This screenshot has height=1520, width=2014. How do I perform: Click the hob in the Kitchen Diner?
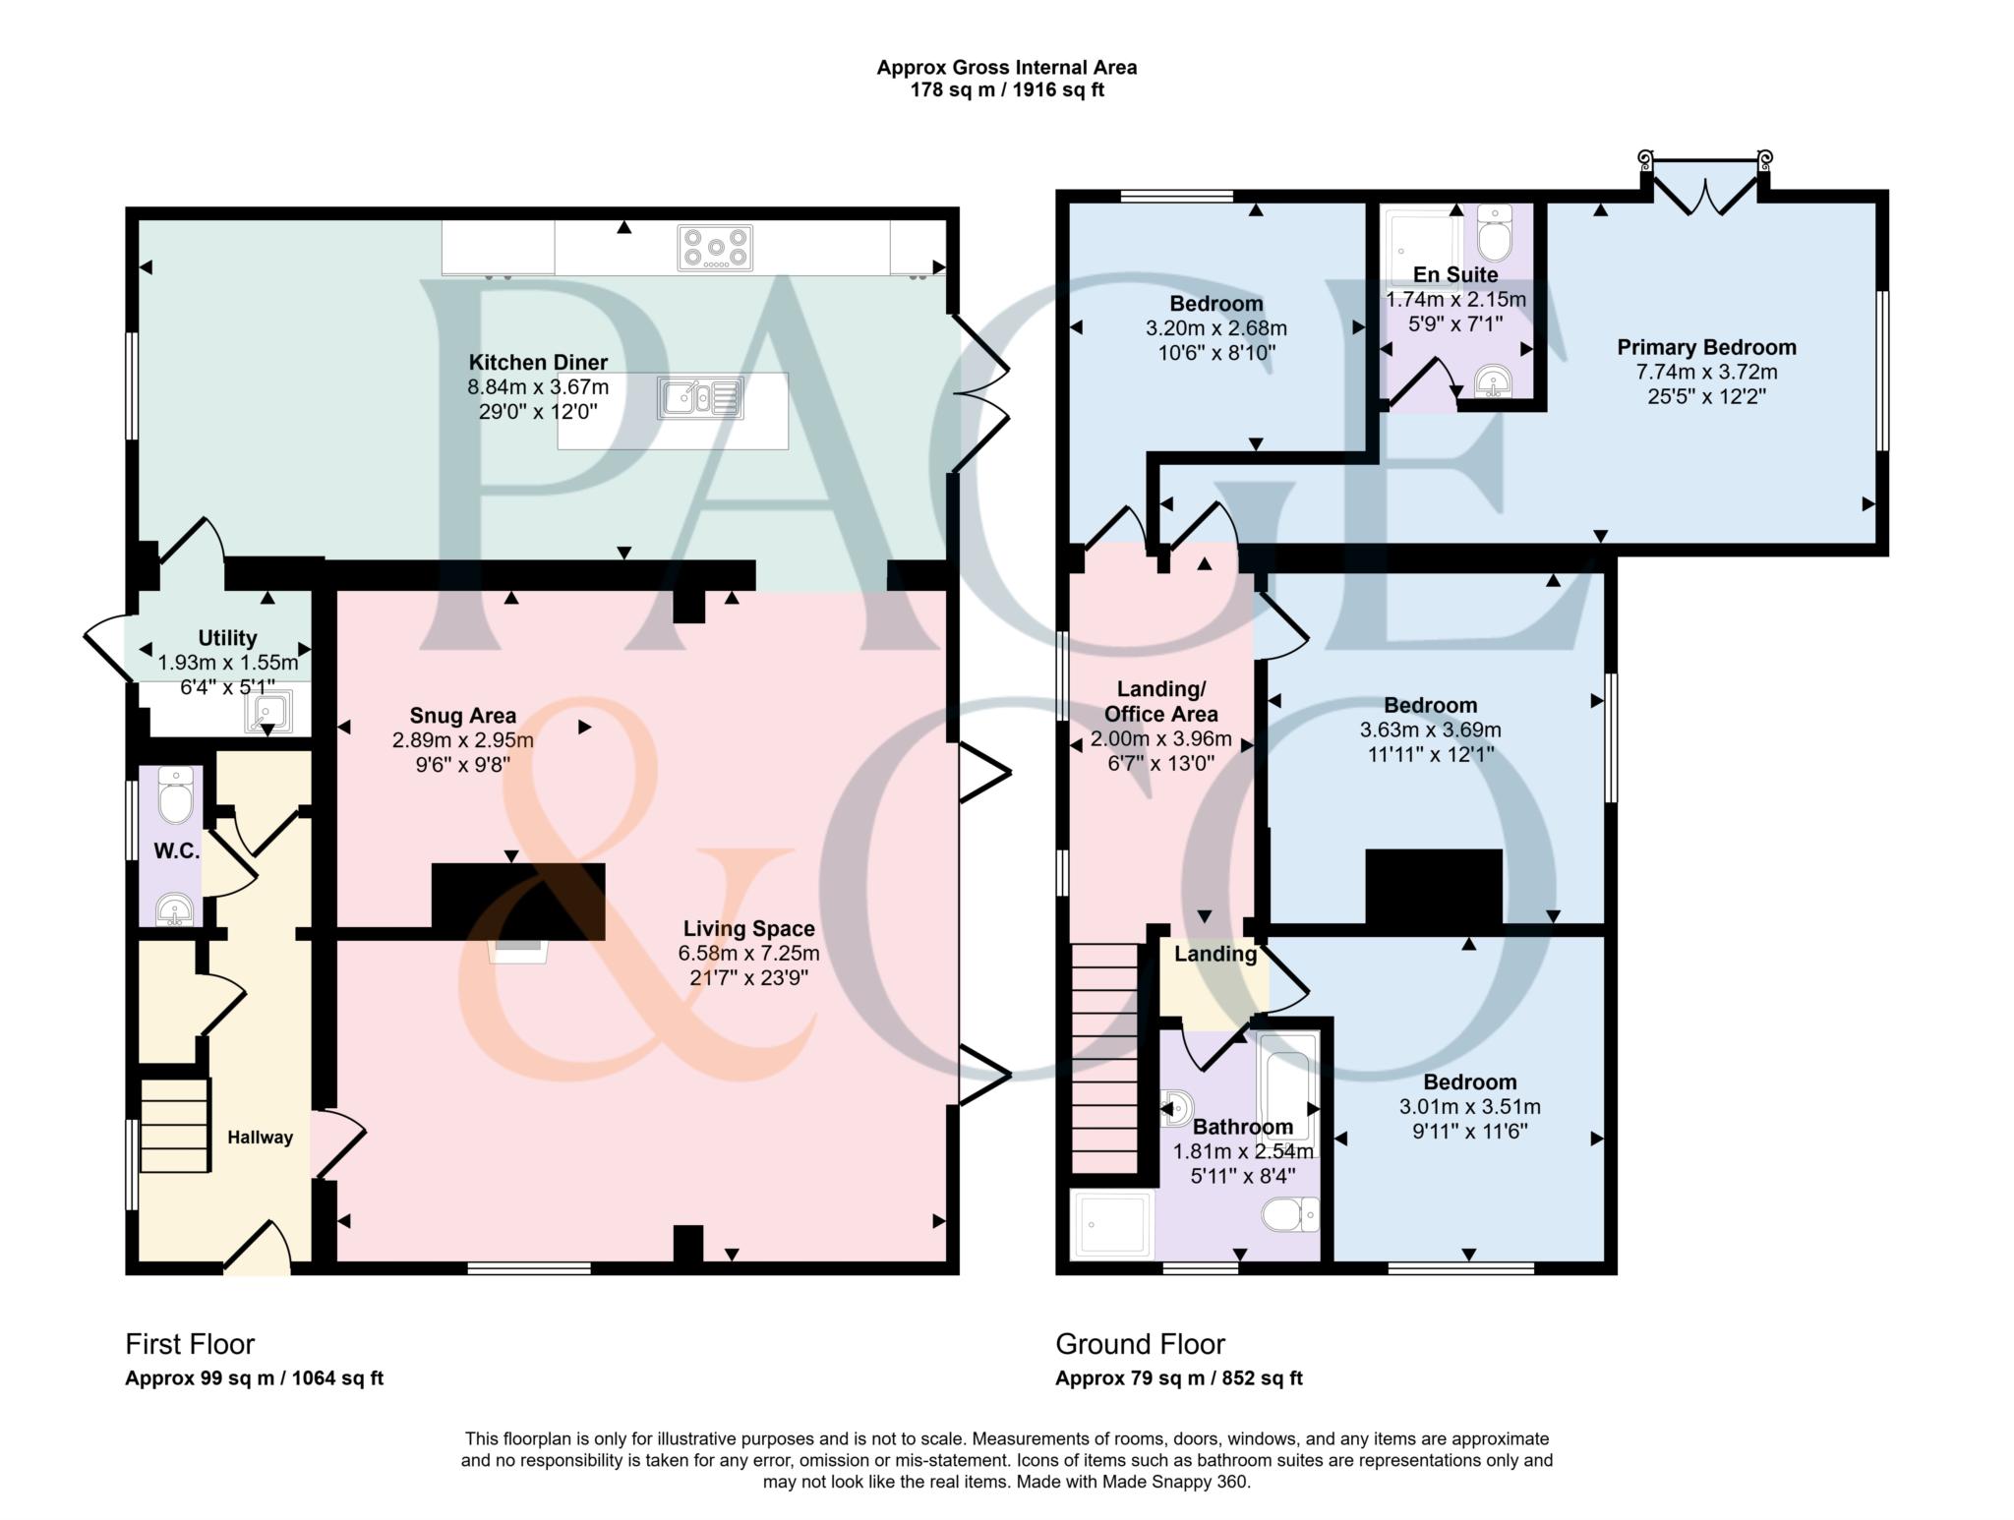coord(715,248)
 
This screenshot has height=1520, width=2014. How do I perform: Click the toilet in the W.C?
coord(177,797)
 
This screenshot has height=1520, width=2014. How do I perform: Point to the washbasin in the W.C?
coord(176,909)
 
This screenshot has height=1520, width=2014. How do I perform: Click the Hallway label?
coord(261,1138)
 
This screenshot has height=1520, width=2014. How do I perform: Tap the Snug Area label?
coord(463,716)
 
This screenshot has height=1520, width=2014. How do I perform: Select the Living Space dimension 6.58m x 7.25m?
coord(748,953)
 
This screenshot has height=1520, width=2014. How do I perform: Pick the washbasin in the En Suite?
coord(1494,380)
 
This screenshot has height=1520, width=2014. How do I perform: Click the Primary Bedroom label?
coord(1706,347)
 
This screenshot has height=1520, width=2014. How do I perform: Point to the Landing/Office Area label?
coord(1160,701)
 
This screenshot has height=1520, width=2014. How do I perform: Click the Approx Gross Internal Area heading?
coord(1006,68)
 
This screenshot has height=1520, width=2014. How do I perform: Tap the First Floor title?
coord(190,1344)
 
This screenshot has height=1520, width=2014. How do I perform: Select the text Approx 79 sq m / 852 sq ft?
coord(1178,1378)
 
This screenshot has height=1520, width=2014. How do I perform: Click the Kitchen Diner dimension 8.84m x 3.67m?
coord(538,387)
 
